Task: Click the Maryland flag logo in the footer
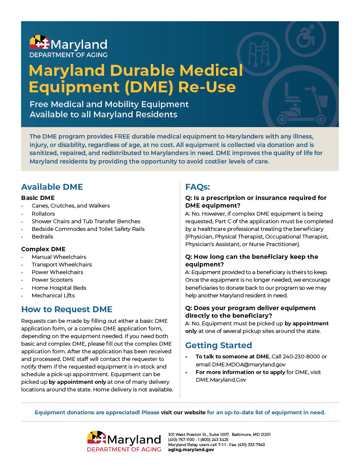(x=97, y=438)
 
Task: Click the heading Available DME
(x=52, y=187)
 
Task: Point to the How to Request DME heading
(x=66, y=309)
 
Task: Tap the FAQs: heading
(x=198, y=187)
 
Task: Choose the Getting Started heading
(x=219, y=345)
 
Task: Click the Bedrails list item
(x=42, y=236)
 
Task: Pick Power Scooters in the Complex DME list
(x=52, y=280)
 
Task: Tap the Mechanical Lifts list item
(x=53, y=295)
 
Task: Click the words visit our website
(x=183, y=412)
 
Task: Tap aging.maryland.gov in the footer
(x=191, y=449)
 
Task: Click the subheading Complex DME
(x=43, y=249)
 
